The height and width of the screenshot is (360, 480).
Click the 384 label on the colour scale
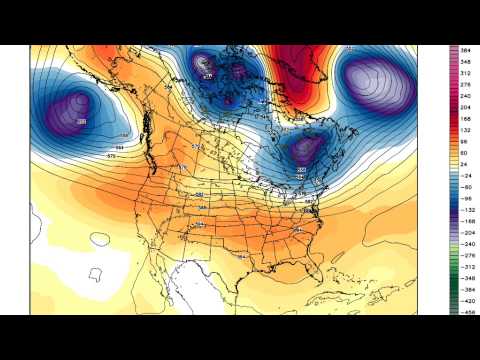466,49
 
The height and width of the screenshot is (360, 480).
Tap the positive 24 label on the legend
466,166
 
